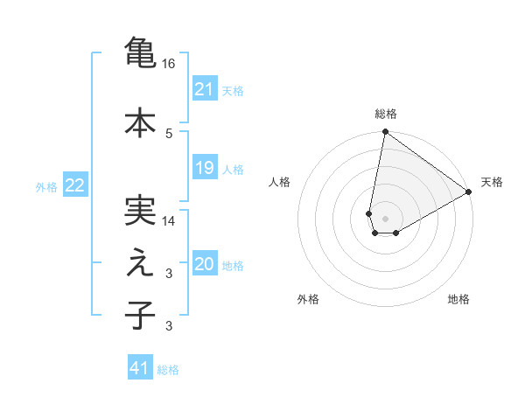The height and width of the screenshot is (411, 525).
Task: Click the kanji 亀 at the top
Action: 141,52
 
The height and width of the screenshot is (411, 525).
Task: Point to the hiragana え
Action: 141,263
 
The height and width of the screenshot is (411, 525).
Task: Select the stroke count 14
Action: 170,221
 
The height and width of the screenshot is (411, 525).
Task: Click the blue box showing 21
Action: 205,89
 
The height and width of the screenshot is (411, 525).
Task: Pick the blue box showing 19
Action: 205,168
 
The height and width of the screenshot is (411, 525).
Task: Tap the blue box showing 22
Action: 75,185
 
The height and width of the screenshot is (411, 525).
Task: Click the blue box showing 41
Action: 140,368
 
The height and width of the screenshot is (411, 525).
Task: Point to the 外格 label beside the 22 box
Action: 46,186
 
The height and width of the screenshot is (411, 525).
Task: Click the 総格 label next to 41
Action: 168,369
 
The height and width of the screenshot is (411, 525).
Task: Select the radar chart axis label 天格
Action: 492,182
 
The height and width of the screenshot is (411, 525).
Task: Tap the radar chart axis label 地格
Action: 458,300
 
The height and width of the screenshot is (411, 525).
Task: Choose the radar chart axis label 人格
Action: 280,182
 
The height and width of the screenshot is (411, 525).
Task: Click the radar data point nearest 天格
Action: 469,192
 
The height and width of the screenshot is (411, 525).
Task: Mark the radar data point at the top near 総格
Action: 385,132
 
